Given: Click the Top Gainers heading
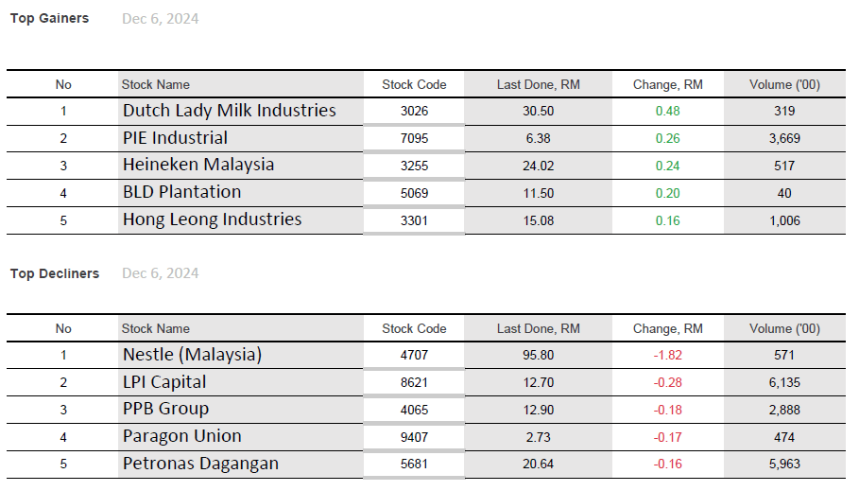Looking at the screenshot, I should [49, 18].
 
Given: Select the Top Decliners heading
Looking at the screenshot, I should [55, 273].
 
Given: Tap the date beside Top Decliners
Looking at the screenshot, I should [160, 273].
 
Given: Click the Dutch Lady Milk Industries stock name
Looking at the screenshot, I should [229, 111].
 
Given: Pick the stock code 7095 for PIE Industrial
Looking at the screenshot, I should [414, 138].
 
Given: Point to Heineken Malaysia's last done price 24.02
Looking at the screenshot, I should [538, 166].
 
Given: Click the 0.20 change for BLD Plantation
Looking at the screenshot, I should [667, 193].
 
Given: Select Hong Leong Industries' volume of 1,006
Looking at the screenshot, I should [783, 220].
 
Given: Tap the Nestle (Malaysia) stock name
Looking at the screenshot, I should [192, 355].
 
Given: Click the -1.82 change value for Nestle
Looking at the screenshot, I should [667, 356].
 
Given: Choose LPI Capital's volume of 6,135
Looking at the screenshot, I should [783, 383].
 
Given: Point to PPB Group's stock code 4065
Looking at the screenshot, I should [414, 410].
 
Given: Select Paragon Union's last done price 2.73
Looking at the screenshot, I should [538, 437].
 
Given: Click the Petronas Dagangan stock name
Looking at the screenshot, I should [200, 464].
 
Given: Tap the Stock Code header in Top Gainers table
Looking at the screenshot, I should [414, 84].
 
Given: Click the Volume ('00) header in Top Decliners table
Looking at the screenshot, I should [783, 328].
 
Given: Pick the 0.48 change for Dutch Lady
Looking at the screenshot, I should [667, 111].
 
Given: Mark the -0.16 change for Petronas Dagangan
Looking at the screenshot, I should [667, 465].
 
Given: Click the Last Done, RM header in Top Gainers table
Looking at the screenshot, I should [538, 84].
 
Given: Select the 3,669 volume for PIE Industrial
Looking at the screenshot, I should [783, 138].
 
